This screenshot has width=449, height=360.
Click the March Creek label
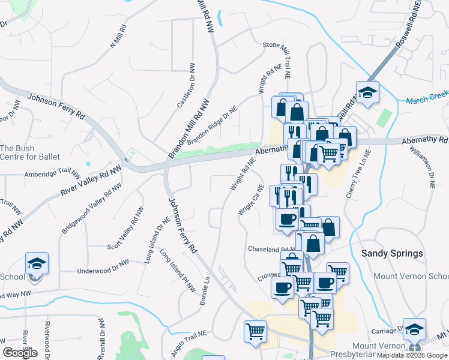(427, 100)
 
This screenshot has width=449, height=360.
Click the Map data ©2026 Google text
(412, 355)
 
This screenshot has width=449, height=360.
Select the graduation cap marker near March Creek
(367, 93)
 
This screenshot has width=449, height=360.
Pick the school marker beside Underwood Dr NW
(37, 264)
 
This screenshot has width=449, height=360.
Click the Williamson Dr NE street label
(423, 166)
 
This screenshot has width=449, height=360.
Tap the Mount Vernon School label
(411, 276)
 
